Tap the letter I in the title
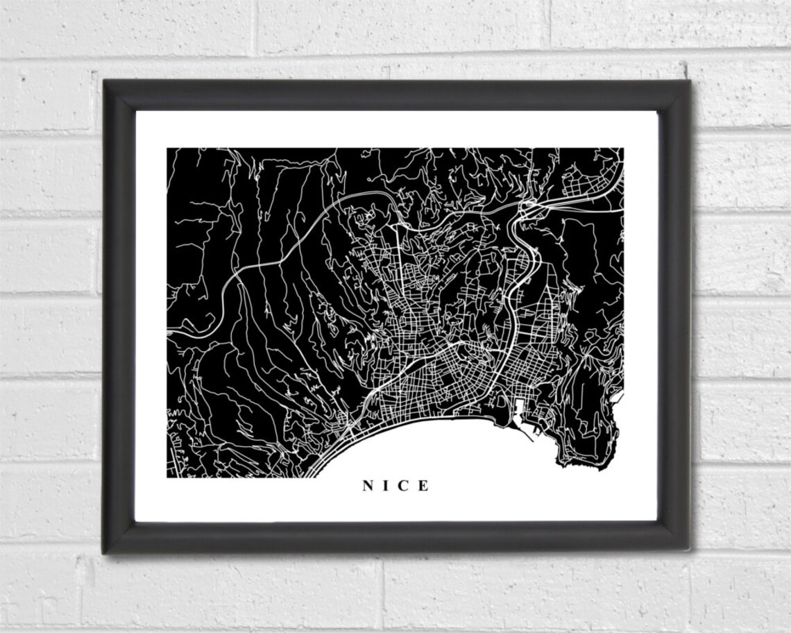point(387,486)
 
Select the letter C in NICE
point(405,486)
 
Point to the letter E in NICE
point(423,486)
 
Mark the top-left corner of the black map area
point(168,149)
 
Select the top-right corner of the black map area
point(622,149)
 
